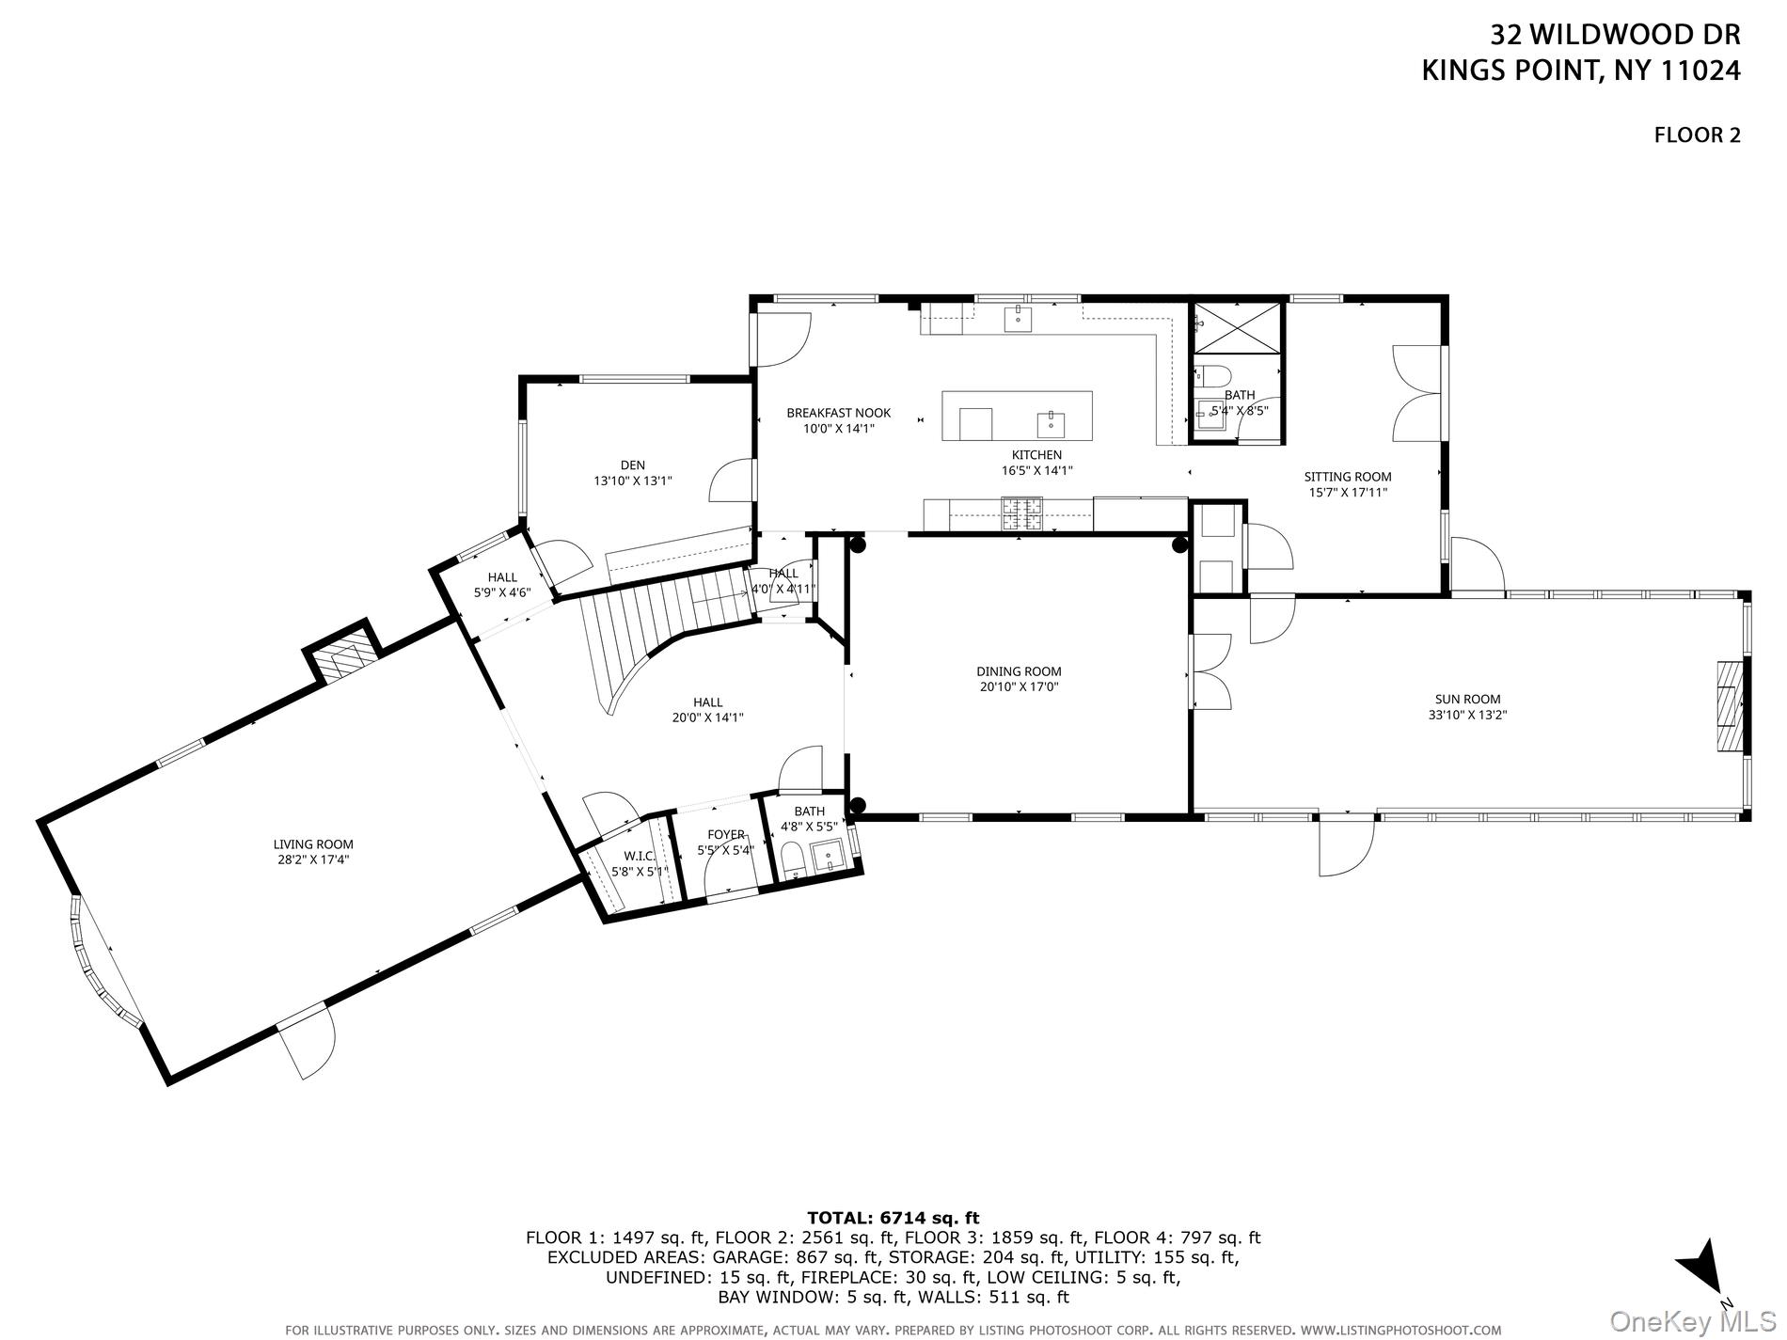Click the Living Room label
click(314, 844)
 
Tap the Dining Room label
click(1019, 671)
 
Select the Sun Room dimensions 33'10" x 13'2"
click(1467, 715)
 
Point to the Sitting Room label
click(1348, 477)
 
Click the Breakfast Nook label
click(838, 413)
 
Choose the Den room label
click(632, 465)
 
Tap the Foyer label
click(726, 835)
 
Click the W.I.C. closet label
click(639, 856)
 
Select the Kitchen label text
click(1036, 455)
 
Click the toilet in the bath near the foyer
click(791, 859)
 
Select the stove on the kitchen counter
click(1021, 513)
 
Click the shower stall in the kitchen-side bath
click(1237, 328)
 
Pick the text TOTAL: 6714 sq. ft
click(893, 1219)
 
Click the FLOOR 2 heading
click(1697, 135)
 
